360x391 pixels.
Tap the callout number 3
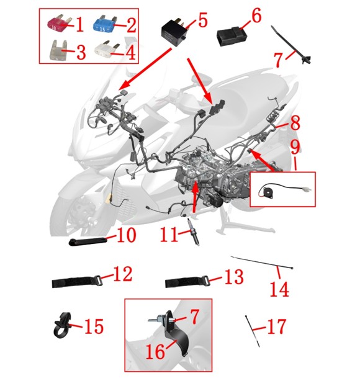click(81, 52)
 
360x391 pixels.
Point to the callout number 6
click(256, 16)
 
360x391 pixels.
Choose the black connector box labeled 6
click(232, 37)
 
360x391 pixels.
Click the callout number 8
click(295, 123)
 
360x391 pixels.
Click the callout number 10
click(127, 235)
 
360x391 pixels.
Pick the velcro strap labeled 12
click(77, 282)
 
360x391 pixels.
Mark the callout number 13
click(233, 277)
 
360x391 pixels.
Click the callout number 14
click(280, 289)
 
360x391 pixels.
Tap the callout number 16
click(155, 352)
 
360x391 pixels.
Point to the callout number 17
click(277, 326)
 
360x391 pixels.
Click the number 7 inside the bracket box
click(195, 317)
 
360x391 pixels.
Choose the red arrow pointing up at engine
click(196, 197)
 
